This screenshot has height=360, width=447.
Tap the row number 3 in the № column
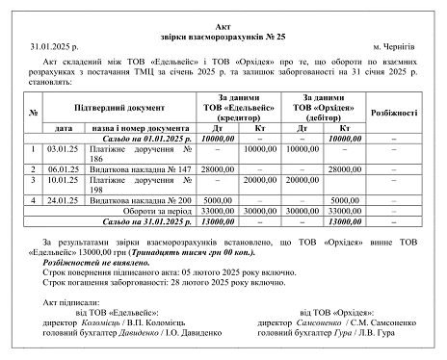point(32,180)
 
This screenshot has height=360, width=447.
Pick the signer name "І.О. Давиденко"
point(195,336)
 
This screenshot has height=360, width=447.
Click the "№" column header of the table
point(32,112)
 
